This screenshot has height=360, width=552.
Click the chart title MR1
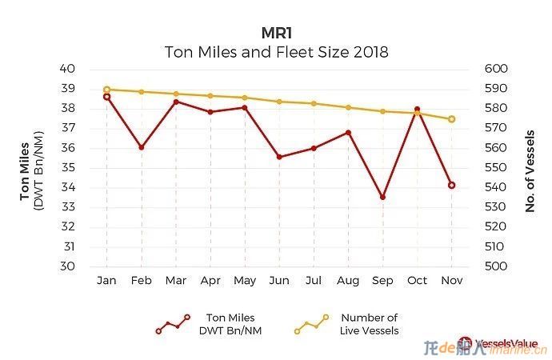(277, 33)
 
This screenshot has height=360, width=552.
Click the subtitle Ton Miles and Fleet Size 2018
(277, 53)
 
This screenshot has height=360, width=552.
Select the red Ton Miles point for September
(382, 197)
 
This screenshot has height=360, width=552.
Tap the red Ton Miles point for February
(142, 147)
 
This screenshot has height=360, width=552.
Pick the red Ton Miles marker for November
(451, 185)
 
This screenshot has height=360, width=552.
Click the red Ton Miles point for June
(279, 157)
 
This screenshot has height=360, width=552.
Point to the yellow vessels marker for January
(106, 90)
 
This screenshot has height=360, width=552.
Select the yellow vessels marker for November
(451, 119)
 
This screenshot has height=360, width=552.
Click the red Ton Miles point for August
(348, 132)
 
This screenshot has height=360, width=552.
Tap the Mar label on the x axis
(175, 281)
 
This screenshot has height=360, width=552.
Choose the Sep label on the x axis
(382, 281)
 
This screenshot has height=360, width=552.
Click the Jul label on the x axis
(314, 281)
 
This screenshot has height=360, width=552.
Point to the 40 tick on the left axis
(67, 69)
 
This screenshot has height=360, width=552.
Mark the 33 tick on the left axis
(67, 207)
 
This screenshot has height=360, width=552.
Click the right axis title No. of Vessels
(530, 168)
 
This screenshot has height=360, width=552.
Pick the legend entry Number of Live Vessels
(369, 324)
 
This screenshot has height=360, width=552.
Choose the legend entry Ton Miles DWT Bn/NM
(230, 324)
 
